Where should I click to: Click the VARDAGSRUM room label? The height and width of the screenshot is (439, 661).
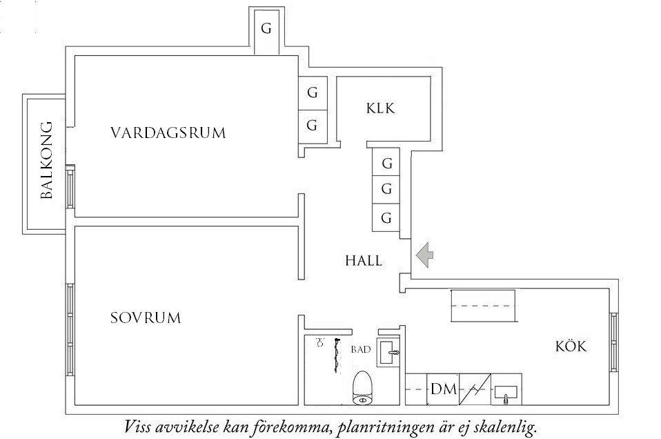pos(168,133)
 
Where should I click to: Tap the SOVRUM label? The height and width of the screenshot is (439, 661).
pos(145,318)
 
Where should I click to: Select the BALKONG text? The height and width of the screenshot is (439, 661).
pos(47,160)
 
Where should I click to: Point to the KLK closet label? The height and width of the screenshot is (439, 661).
pos(380,108)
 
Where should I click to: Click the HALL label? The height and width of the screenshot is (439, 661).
pos(364,261)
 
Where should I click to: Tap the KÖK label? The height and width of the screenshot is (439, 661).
pos(571,347)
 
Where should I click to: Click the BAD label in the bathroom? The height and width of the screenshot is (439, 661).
pos(361,350)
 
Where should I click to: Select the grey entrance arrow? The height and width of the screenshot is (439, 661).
pos(424,255)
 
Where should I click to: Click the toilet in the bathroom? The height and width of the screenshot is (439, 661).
pos(362,388)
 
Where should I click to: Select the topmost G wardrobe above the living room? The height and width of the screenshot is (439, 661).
pos(266,30)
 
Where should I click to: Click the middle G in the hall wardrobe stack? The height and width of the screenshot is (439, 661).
pos(387,189)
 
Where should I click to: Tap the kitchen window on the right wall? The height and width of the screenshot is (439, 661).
pos(613,342)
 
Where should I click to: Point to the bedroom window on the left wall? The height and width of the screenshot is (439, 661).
pos(70,329)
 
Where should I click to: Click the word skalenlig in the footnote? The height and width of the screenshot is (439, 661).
pos(506,426)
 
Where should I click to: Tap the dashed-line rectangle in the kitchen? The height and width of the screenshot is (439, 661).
pos(483,306)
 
